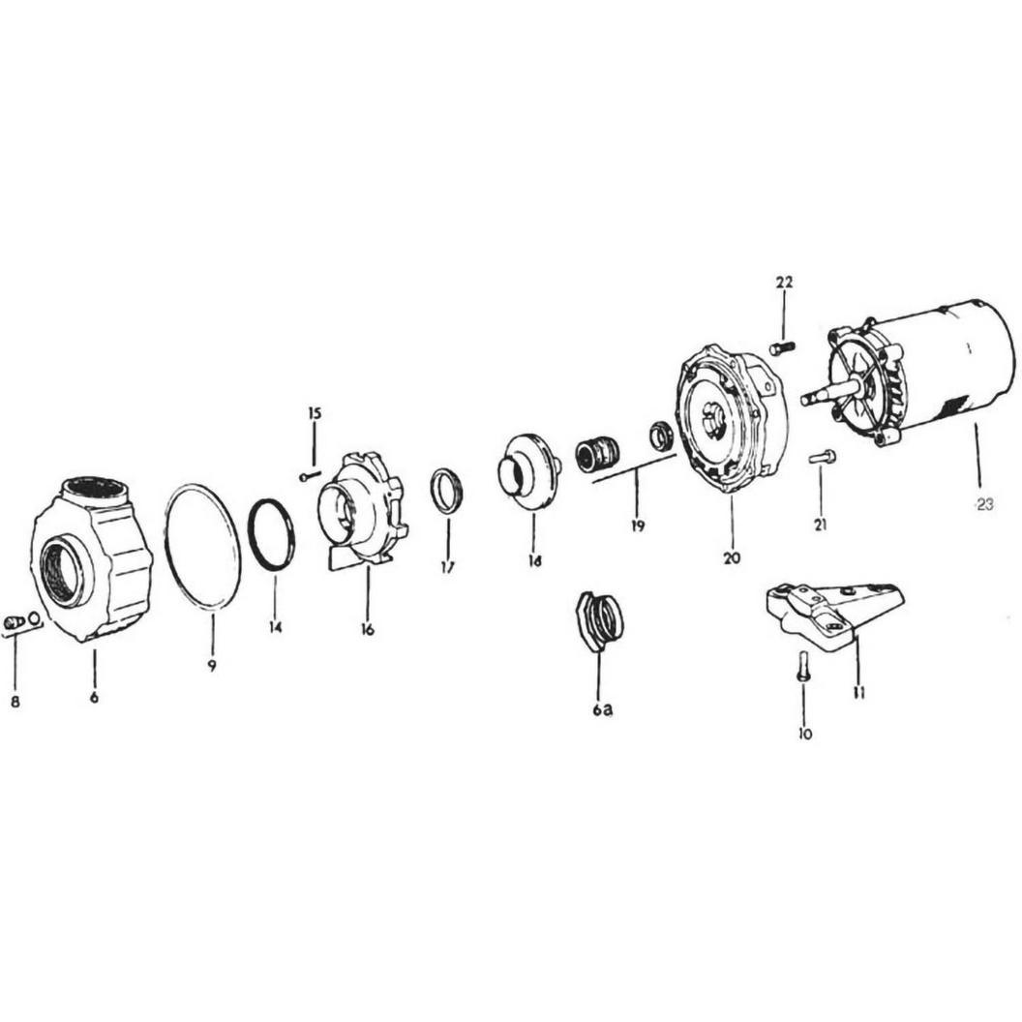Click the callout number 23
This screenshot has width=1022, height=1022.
click(x=983, y=504)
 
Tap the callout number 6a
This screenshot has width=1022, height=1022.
click(x=602, y=709)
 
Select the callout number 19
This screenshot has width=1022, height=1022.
click(x=638, y=526)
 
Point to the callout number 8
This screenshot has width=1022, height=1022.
click(x=15, y=702)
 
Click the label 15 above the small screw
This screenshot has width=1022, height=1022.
click(x=315, y=413)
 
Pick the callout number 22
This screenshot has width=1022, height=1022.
click(x=784, y=283)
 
